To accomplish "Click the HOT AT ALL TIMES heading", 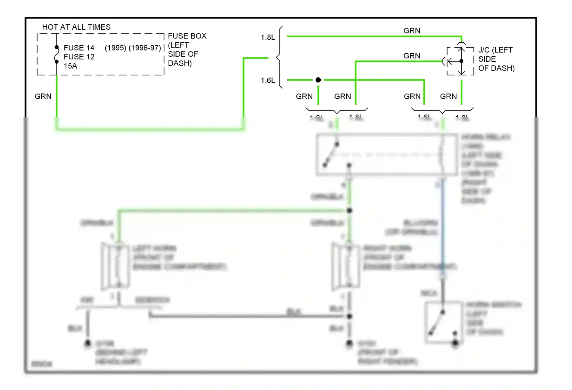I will tap(76, 27).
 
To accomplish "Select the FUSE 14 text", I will tap(79, 48).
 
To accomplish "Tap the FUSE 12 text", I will tap(79, 57).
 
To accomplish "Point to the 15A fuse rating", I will tap(70, 66).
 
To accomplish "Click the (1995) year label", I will tap(116, 48).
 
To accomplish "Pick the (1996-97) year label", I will tap(145, 48).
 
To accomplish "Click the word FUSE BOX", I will tap(187, 36).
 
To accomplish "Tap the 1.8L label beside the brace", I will tap(268, 37).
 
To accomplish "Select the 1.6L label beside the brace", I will tap(268, 80).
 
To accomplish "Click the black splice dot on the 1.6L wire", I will tap(318, 80).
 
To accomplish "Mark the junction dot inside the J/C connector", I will tap(461, 61).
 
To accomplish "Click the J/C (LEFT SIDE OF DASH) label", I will tap(496, 59).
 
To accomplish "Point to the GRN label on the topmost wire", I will tap(412, 30).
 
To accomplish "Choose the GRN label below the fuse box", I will tap(43, 96).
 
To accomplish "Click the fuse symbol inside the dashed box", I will tap(57, 54).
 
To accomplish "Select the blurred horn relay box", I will tap(386, 155).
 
